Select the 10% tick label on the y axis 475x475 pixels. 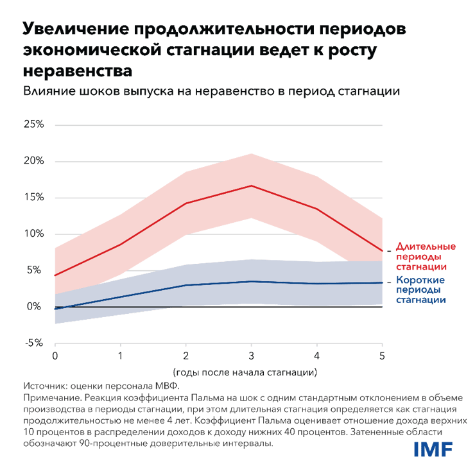click(33, 234)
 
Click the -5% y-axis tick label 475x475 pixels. click(33, 343)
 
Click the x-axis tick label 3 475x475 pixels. click(251, 356)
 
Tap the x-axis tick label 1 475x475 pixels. click(120, 356)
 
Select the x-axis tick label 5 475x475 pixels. click(382, 356)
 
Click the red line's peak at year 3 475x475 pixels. click(251, 186)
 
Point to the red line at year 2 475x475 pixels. click(186, 203)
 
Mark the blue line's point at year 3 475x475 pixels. click(251, 281)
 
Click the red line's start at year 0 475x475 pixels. click(55, 275)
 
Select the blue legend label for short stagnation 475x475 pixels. click(421, 289)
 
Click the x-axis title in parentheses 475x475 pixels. click(246, 372)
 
